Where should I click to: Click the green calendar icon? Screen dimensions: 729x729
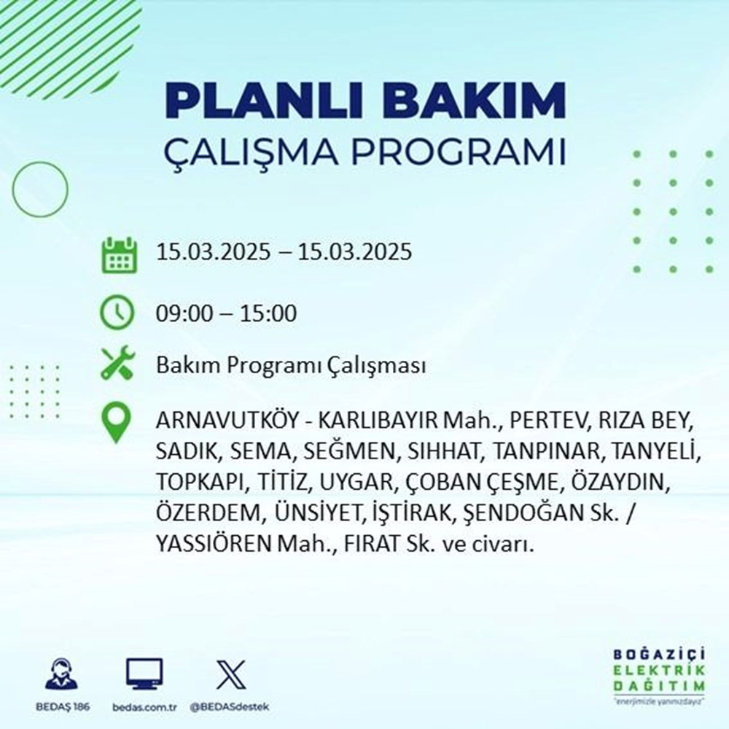[x=117, y=254]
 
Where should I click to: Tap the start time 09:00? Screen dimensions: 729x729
[x=179, y=314]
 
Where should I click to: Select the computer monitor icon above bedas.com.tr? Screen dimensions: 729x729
[x=144, y=674]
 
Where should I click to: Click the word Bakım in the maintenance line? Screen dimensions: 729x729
[x=180, y=367]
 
